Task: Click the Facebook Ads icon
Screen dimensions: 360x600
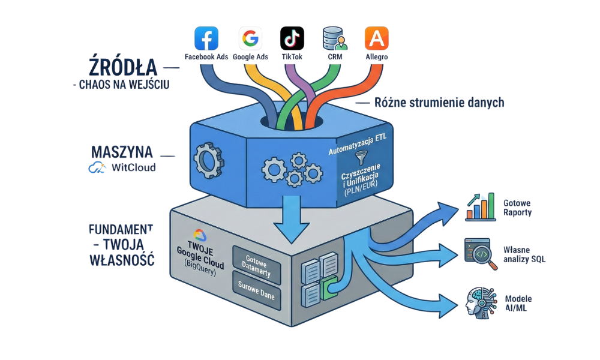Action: click(206, 38)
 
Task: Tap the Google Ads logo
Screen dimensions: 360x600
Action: click(250, 38)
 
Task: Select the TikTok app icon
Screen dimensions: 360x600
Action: click(292, 38)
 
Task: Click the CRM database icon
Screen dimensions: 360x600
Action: click(334, 38)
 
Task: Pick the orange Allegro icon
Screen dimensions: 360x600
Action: click(376, 38)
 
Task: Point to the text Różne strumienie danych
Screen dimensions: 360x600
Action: click(439, 103)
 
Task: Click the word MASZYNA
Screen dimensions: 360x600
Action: click(121, 151)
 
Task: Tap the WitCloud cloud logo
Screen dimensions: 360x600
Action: click(97, 168)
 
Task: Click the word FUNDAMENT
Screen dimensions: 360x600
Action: click(121, 229)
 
